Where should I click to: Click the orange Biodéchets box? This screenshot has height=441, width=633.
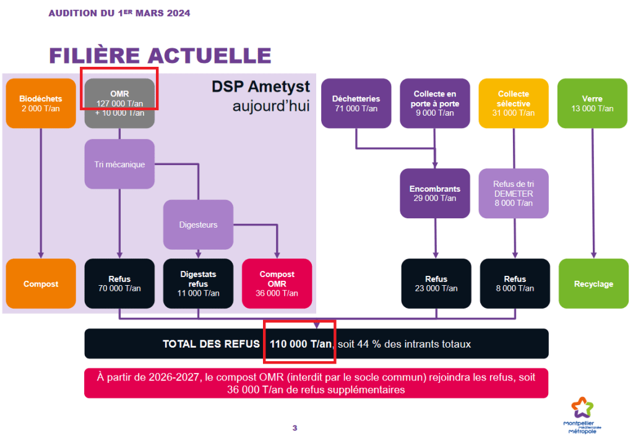[x=41, y=103]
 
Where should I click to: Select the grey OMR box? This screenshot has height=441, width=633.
[x=119, y=103]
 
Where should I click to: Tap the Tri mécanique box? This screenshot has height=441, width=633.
[x=119, y=164]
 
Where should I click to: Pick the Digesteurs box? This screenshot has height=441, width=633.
[x=198, y=225]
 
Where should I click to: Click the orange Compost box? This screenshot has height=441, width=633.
[x=41, y=284]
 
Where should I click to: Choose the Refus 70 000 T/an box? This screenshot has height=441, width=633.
[x=119, y=284]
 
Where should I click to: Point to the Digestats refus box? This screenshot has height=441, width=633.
[x=198, y=284]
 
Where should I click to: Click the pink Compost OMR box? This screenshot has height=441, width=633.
[x=277, y=284]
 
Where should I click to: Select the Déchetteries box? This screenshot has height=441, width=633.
[x=356, y=103]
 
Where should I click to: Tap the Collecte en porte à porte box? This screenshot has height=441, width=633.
[x=435, y=103]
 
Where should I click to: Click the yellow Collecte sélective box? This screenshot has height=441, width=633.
[x=514, y=103]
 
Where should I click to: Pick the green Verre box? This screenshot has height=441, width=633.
[x=592, y=103]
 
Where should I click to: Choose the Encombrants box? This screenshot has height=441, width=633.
[x=435, y=193]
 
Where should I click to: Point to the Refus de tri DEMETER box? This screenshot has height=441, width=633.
[x=514, y=193]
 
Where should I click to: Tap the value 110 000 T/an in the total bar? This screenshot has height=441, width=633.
[x=301, y=344]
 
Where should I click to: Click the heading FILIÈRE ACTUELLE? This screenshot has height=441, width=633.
[x=160, y=55]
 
